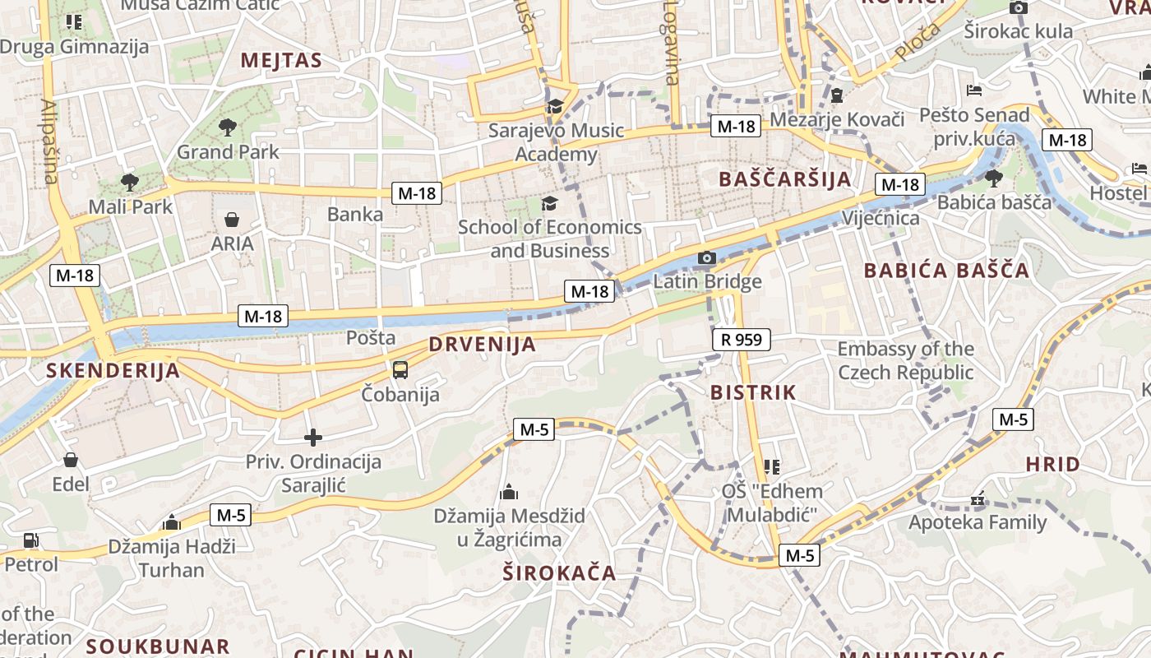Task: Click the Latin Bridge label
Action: (x=707, y=282)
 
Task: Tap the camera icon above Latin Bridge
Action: (x=706, y=258)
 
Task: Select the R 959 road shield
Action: (x=741, y=339)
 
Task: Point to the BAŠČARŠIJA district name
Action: (x=784, y=179)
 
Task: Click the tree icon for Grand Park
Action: (x=228, y=127)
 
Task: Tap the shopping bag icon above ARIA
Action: (x=232, y=220)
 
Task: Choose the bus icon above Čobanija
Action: (x=400, y=370)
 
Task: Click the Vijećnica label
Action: (x=881, y=218)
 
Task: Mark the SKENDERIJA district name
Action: (x=113, y=370)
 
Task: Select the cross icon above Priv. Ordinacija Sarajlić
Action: (x=313, y=438)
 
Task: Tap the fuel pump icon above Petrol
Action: (x=30, y=540)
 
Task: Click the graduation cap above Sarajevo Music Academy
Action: (x=556, y=106)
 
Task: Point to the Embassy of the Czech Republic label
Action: (x=905, y=360)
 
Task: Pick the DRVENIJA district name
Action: (x=482, y=345)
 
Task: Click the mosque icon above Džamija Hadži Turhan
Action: (x=172, y=522)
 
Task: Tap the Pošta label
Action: (x=371, y=337)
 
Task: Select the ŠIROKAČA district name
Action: (x=559, y=573)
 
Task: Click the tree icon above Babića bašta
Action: (x=993, y=178)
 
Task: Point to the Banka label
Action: (x=355, y=215)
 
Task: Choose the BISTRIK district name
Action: (x=753, y=392)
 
